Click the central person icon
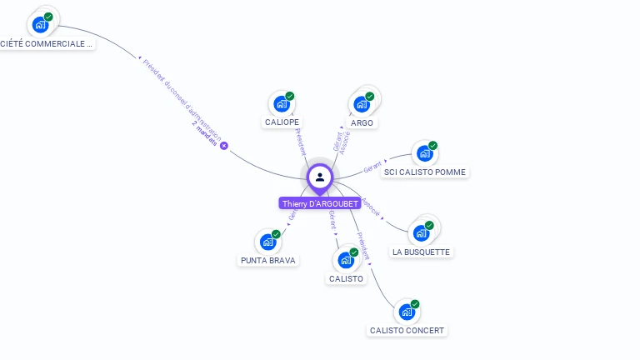[x=320, y=177]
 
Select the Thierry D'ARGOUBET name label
[x=321, y=203]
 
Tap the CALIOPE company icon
[x=281, y=104]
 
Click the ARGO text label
[x=362, y=122]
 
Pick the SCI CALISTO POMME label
[x=425, y=172]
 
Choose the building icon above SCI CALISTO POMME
[x=424, y=153]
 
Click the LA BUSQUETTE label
[x=421, y=252]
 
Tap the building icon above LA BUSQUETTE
[x=421, y=232]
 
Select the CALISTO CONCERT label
[x=407, y=330]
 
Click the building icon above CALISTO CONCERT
[x=406, y=312]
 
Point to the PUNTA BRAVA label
[x=268, y=260]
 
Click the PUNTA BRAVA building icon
[x=267, y=242]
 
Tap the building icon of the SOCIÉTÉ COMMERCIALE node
[x=40, y=24]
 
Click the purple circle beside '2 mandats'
[x=224, y=146]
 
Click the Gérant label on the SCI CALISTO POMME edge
[x=373, y=166]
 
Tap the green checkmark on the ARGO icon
[x=369, y=97]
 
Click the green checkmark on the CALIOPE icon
[x=289, y=97]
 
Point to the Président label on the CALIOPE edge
[x=301, y=142]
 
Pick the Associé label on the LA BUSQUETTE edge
[x=372, y=207]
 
